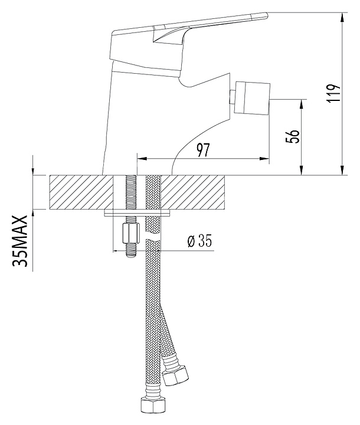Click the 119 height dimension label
[x=333, y=93]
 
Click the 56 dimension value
[x=293, y=136]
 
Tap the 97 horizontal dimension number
[x=203, y=150]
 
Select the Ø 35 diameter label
[x=200, y=240]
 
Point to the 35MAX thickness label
[x=20, y=241]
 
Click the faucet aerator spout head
[x=253, y=98]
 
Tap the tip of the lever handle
[x=267, y=15]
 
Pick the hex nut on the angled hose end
[x=175, y=375]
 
